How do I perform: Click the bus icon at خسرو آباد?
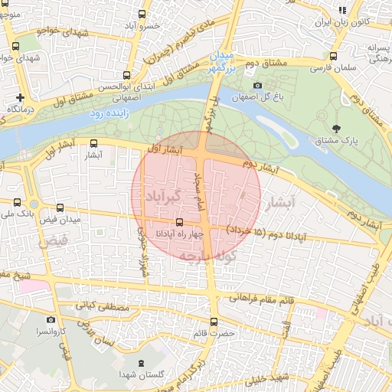point(142,14)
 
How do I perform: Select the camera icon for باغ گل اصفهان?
point(257,85)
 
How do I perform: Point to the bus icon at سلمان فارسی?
point(333,57)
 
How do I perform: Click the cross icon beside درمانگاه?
point(20,97)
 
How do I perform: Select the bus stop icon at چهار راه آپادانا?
point(180,222)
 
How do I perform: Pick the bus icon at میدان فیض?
point(60,207)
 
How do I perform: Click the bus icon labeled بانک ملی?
point(18,202)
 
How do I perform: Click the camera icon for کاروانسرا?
point(51,320)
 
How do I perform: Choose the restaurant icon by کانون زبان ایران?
point(342,10)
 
